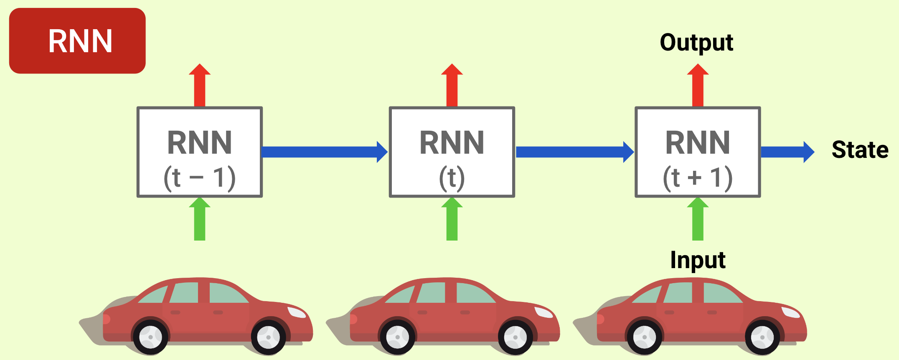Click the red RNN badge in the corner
pos(77,41)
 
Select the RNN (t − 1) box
pos(200,152)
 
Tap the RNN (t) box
pos(452,152)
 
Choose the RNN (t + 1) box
pos(698,152)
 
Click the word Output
pos(696,43)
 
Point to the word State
pos(860,150)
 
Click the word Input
pos(698,260)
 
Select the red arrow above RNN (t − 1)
pos(200,86)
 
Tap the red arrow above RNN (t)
pos(452,86)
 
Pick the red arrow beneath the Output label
pos(698,86)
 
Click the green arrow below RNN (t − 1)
pos(200,219)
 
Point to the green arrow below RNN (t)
pos(452,219)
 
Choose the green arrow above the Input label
pos(698,219)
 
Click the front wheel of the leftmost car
pos(268,337)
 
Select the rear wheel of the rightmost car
pos(644,337)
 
